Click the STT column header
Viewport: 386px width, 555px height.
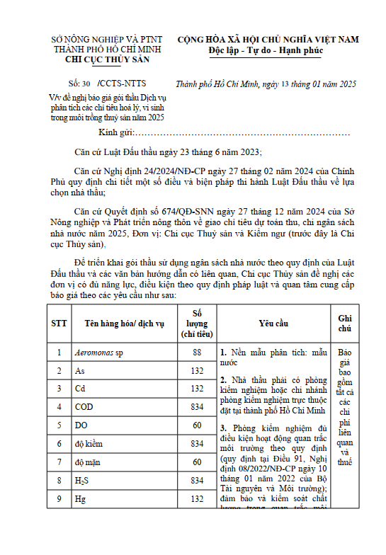click(x=59, y=323)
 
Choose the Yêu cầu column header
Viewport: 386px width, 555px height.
click(x=273, y=323)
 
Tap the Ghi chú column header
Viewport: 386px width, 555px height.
click(x=345, y=323)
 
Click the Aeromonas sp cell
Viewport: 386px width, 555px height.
click(x=99, y=352)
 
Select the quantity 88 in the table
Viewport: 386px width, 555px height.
click(x=197, y=352)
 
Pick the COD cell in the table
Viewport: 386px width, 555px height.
click(x=84, y=407)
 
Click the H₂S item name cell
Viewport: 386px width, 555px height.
click(x=84, y=481)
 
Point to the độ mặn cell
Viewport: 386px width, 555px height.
click(x=89, y=462)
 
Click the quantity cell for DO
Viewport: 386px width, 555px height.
click(x=197, y=425)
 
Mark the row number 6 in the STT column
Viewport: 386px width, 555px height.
click(x=59, y=444)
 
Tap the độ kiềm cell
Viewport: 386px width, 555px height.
click(x=90, y=444)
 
